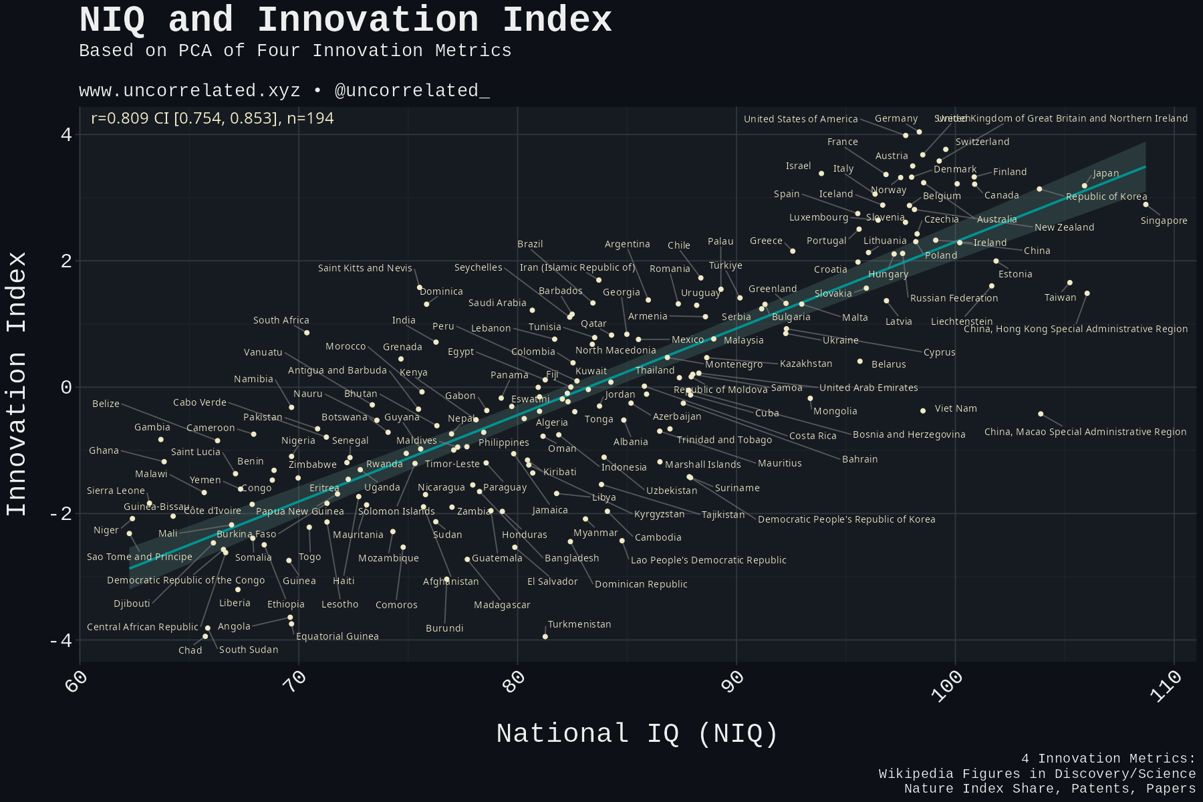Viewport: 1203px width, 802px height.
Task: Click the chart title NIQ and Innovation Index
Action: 345,20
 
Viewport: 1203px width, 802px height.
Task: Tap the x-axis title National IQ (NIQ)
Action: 637,734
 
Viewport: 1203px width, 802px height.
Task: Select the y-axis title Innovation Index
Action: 17,384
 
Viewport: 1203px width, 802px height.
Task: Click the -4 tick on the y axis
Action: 62,640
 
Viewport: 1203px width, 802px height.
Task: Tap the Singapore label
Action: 1164,221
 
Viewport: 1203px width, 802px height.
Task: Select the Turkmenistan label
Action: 579,624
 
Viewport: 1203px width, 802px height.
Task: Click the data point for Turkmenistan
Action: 545,637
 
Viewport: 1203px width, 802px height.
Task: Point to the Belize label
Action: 106,404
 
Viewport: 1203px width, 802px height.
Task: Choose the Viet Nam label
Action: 955,408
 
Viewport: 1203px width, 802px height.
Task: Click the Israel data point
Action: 821,174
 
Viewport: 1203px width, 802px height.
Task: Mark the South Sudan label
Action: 248,650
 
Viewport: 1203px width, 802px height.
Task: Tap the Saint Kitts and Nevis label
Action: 365,268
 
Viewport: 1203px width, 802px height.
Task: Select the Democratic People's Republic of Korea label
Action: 846,519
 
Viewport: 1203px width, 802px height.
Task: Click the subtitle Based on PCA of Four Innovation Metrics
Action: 295,51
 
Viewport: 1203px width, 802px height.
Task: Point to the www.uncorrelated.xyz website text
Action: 189,91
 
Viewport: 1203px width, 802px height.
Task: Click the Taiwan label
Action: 1060,297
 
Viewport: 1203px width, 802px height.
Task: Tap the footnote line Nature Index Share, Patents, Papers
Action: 1049,789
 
